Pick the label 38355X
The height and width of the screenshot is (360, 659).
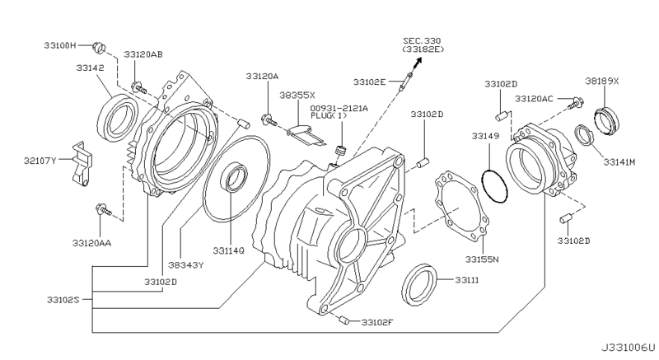pyautogui.click(x=297, y=96)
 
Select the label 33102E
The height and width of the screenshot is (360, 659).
pyautogui.click(x=370, y=82)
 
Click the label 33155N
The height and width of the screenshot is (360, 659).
pyautogui.click(x=483, y=258)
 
